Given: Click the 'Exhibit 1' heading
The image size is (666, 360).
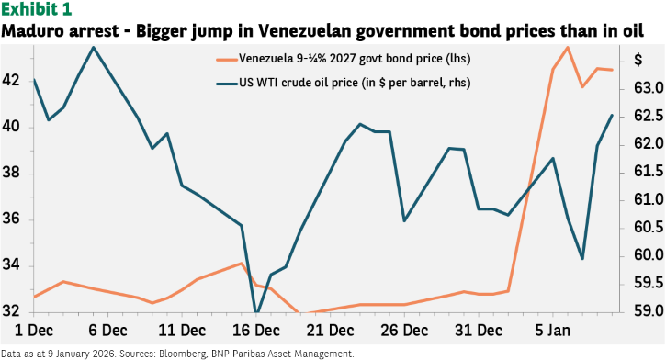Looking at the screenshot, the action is click(x=37, y=9).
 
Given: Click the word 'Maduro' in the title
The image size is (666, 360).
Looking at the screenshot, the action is click(x=29, y=31).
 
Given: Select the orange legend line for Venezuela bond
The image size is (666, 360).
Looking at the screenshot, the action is click(x=227, y=60).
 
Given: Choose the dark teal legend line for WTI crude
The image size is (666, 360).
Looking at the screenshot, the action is click(x=227, y=84).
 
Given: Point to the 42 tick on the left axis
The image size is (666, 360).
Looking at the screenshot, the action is click(x=11, y=80).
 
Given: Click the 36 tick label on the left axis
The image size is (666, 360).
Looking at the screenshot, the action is click(x=11, y=219).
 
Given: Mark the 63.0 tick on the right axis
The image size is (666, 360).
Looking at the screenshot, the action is click(x=649, y=88).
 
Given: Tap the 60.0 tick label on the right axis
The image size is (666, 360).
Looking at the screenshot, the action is click(x=649, y=255).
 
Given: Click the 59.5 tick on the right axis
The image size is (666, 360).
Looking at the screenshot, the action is click(x=649, y=283).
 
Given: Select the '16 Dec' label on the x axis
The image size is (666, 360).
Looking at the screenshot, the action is click(x=256, y=331).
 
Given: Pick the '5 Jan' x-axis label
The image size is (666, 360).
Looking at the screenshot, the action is click(x=553, y=331).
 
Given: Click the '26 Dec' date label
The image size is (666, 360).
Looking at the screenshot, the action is click(x=404, y=331).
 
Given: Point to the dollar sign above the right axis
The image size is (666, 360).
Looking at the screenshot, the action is click(x=638, y=60).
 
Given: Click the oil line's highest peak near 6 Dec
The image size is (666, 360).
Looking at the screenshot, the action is click(x=93, y=47).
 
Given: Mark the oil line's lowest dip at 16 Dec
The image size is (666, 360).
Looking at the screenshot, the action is click(x=256, y=312).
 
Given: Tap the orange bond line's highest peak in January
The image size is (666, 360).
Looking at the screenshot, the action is click(x=568, y=47).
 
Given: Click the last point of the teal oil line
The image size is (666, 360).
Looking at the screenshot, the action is click(x=612, y=115).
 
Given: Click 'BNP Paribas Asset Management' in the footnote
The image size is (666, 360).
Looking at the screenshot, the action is click(x=282, y=354).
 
